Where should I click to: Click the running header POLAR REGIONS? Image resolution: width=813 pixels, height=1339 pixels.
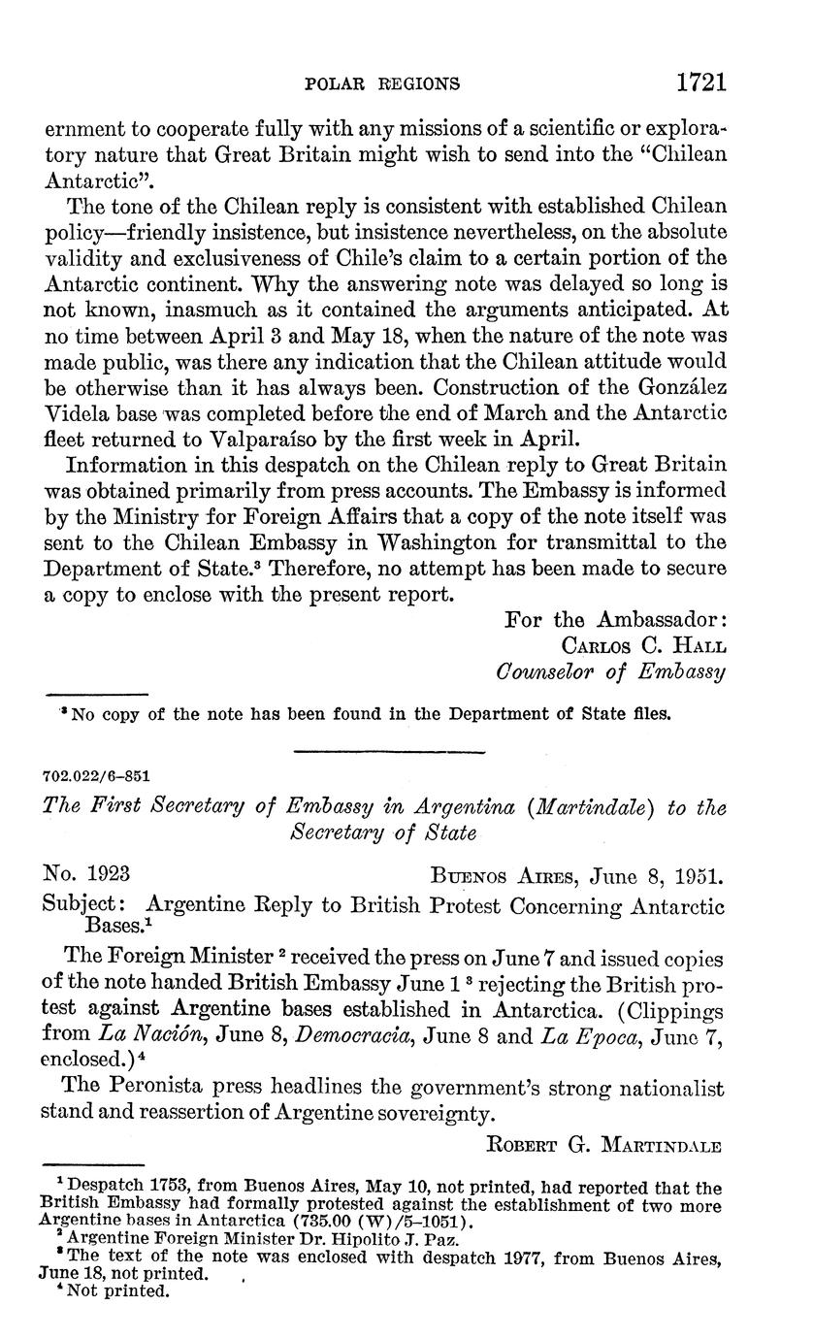382,83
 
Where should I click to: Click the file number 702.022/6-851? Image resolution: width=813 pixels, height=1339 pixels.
96,777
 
